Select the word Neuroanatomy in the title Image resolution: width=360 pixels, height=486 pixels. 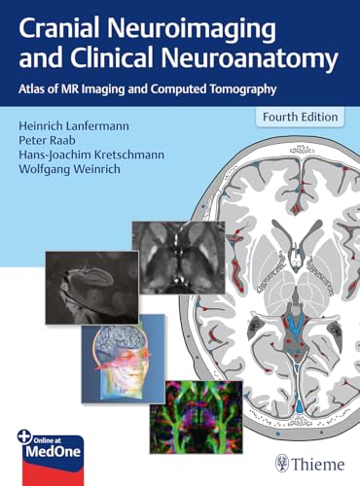(x=250, y=60)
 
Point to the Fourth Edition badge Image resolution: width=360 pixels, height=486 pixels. (x=300, y=117)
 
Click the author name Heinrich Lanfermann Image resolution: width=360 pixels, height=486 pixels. (x=74, y=126)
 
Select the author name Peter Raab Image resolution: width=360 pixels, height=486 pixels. (x=47, y=140)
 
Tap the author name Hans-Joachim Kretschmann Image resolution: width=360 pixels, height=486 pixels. (x=91, y=155)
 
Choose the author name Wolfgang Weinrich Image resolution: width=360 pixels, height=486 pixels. (x=69, y=169)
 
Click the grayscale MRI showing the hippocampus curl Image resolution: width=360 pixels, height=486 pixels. (x=92, y=288)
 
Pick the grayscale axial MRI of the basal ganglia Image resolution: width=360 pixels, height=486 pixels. (x=179, y=258)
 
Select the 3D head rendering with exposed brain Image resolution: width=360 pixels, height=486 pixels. (x=123, y=359)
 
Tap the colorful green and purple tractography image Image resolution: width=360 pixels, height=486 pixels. (x=197, y=417)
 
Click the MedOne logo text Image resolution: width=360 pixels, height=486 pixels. (x=54, y=452)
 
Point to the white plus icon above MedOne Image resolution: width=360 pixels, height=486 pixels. (x=23, y=436)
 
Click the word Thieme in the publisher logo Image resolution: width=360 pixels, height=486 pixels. (x=318, y=465)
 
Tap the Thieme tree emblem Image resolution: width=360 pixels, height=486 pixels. (x=282, y=464)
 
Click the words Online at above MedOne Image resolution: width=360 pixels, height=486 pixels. (x=47, y=440)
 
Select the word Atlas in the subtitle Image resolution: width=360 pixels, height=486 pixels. (x=28, y=88)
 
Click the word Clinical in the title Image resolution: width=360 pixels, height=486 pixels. (x=111, y=60)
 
